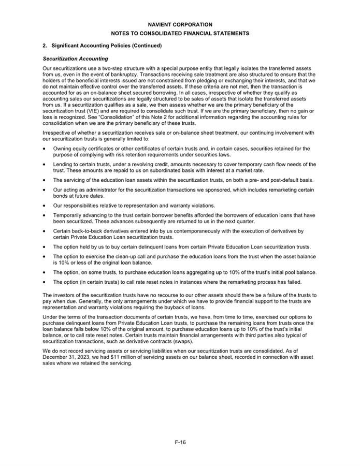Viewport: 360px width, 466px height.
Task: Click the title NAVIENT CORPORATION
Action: (180, 24)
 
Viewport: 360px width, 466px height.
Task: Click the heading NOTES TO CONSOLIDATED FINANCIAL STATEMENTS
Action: (180, 33)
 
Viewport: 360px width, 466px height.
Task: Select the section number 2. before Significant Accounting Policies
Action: (45, 46)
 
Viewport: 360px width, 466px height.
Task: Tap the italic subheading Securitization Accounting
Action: (75, 59)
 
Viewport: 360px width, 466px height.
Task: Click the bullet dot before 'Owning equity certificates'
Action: (45, 149)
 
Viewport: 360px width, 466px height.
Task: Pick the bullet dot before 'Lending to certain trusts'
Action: (45, 165)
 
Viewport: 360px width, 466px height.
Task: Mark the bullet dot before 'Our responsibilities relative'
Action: (45, 206)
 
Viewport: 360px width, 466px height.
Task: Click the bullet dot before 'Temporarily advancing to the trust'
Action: (45, 215)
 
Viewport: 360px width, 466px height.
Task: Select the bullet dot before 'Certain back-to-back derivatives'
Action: (45, 230)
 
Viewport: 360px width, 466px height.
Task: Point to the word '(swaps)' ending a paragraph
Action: (170, 341)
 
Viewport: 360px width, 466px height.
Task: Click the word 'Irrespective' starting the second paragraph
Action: (56, 133)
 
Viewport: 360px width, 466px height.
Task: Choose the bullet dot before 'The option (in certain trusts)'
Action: (45, 282)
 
